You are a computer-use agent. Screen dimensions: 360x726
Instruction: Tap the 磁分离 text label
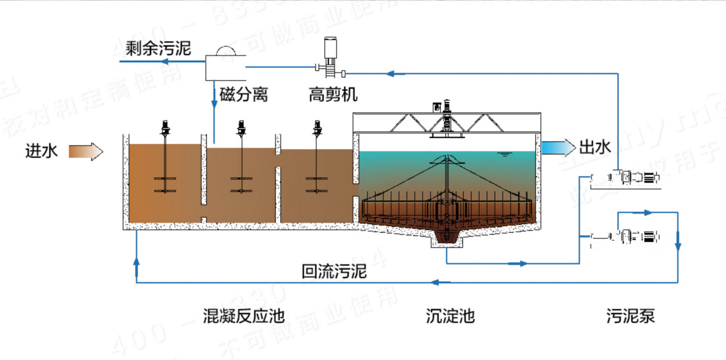pyautogui.click(x=243, y=94)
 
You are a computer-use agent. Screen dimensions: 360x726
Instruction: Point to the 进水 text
pyautogui.click(x=42, y=151)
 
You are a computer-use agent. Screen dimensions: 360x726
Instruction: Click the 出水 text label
pyautogui.click(x=596, y=148)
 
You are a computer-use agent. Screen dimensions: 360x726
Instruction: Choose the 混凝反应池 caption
pyautogui.click(x=244, y=315)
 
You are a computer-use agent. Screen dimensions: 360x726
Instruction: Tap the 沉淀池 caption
pyautogui.click(x=450, y=315)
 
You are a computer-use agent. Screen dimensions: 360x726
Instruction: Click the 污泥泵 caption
pyautogui.click(x=630, y=315)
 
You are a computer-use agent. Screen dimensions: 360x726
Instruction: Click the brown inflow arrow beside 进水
pyautogui.click(x=86, y=152)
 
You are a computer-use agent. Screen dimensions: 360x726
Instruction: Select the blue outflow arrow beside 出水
pyautogui.click(x=558, y=148)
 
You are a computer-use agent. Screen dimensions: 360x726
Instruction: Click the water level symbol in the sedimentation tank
pyautogui.click(x=504, y=154)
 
